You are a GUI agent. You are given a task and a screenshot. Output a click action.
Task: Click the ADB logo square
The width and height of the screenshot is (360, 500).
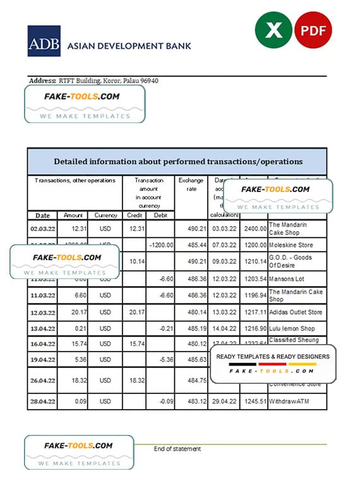pos(44,41)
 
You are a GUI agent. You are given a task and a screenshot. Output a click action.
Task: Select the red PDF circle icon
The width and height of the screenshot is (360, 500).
pos(310,29)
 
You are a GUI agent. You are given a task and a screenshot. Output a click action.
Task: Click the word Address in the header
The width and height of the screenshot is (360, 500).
pos(42,81)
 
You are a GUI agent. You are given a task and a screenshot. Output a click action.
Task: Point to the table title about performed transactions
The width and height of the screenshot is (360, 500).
pos(177,162)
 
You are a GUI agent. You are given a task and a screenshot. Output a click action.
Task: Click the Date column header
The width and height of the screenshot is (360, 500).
pos(42,215)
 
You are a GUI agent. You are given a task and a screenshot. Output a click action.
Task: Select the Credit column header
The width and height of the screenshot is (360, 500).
pos(134,215)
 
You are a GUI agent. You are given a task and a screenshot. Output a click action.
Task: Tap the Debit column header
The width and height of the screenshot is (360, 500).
pos(160,215)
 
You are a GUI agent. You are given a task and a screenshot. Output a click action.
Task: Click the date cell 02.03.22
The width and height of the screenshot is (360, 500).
pos(42,228)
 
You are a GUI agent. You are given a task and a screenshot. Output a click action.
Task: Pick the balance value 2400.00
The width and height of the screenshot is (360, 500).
pos(253,228)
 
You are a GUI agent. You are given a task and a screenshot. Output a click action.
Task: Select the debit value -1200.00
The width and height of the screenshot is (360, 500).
pos(160,244)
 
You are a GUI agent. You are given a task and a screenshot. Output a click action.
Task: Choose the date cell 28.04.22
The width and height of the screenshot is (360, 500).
pos(42,402)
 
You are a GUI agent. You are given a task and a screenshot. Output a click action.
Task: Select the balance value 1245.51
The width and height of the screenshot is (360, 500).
pos(253,402)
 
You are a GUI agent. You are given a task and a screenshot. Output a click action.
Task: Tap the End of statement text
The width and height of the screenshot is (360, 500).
pos(177,449)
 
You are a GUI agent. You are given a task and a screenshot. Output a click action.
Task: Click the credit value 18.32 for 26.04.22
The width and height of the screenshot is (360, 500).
pos(134,379)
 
